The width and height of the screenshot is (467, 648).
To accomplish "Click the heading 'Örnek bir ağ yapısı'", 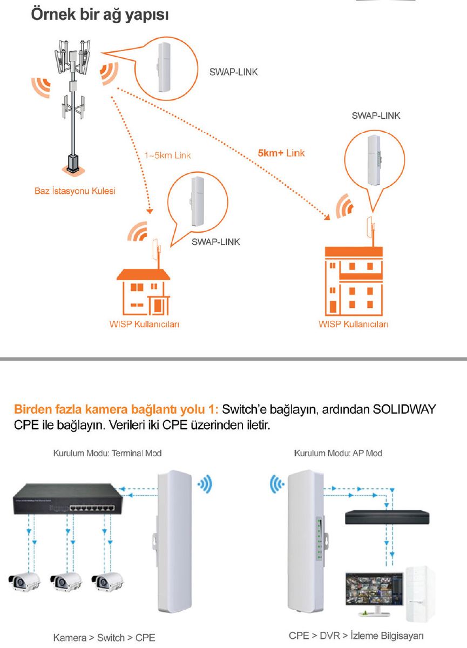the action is [x=100, y=15].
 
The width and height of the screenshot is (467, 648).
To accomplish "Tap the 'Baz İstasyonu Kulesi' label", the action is [x=75, y=191].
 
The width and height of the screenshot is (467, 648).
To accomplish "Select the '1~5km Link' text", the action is [x=168, y=156].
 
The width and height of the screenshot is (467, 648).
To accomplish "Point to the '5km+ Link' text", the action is [x=281, y=153].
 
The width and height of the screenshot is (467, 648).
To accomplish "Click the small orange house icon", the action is [x=144, y=292].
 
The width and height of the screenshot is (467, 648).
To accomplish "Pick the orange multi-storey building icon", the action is [x=354, y=281].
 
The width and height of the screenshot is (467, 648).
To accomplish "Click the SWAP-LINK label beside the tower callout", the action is [x=233, y=72].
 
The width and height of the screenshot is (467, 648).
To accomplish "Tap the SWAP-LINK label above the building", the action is [x=376, y=116].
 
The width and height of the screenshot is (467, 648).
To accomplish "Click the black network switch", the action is [x=68, y=498].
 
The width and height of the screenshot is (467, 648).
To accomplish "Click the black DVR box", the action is [x=387, y=517].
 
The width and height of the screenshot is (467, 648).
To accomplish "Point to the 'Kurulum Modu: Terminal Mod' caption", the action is [x=107, y=453].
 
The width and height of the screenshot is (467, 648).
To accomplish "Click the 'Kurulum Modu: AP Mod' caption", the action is [x=338, y=453].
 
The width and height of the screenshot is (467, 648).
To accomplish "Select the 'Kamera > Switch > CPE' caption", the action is [x=104, y=638].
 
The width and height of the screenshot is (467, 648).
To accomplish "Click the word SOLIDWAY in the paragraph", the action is [x=404, y=409].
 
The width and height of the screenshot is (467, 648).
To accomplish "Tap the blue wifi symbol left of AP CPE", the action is [x=277, y=483].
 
